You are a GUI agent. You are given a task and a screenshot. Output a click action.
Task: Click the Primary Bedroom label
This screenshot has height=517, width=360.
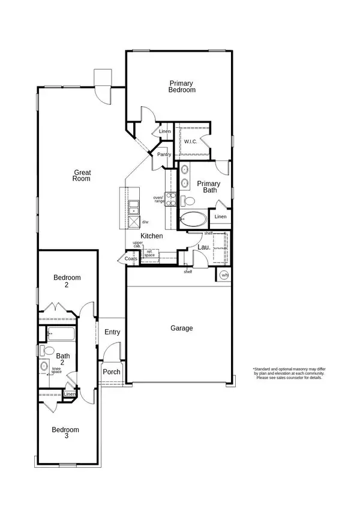[182, 86]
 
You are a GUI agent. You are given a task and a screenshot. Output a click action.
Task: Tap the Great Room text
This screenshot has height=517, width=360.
[82, 174]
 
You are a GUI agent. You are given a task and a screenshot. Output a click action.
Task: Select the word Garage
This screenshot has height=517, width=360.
[181, 328]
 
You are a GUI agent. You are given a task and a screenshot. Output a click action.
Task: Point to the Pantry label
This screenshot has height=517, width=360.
[164, 154]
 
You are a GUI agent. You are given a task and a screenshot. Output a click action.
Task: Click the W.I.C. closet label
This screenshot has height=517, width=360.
[191, 142]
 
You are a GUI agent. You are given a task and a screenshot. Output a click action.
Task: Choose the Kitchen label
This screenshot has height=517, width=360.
[151, 236]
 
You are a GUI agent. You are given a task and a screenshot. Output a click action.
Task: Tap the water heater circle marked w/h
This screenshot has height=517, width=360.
[224, 275]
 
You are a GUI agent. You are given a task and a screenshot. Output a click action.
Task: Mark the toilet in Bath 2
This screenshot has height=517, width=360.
[43, 351]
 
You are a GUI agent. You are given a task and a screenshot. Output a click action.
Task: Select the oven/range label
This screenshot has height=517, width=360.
[158, 199]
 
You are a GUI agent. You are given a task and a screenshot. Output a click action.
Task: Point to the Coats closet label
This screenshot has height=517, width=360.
[131, 259]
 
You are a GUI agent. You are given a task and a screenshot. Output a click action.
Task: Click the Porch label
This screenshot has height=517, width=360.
[112, 372]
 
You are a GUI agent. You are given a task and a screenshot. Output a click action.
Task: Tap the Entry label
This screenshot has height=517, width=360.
[112, 332]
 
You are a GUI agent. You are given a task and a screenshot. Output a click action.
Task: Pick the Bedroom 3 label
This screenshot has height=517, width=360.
[65, 432]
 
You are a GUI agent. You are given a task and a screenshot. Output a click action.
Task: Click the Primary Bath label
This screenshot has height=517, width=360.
[209, 187]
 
